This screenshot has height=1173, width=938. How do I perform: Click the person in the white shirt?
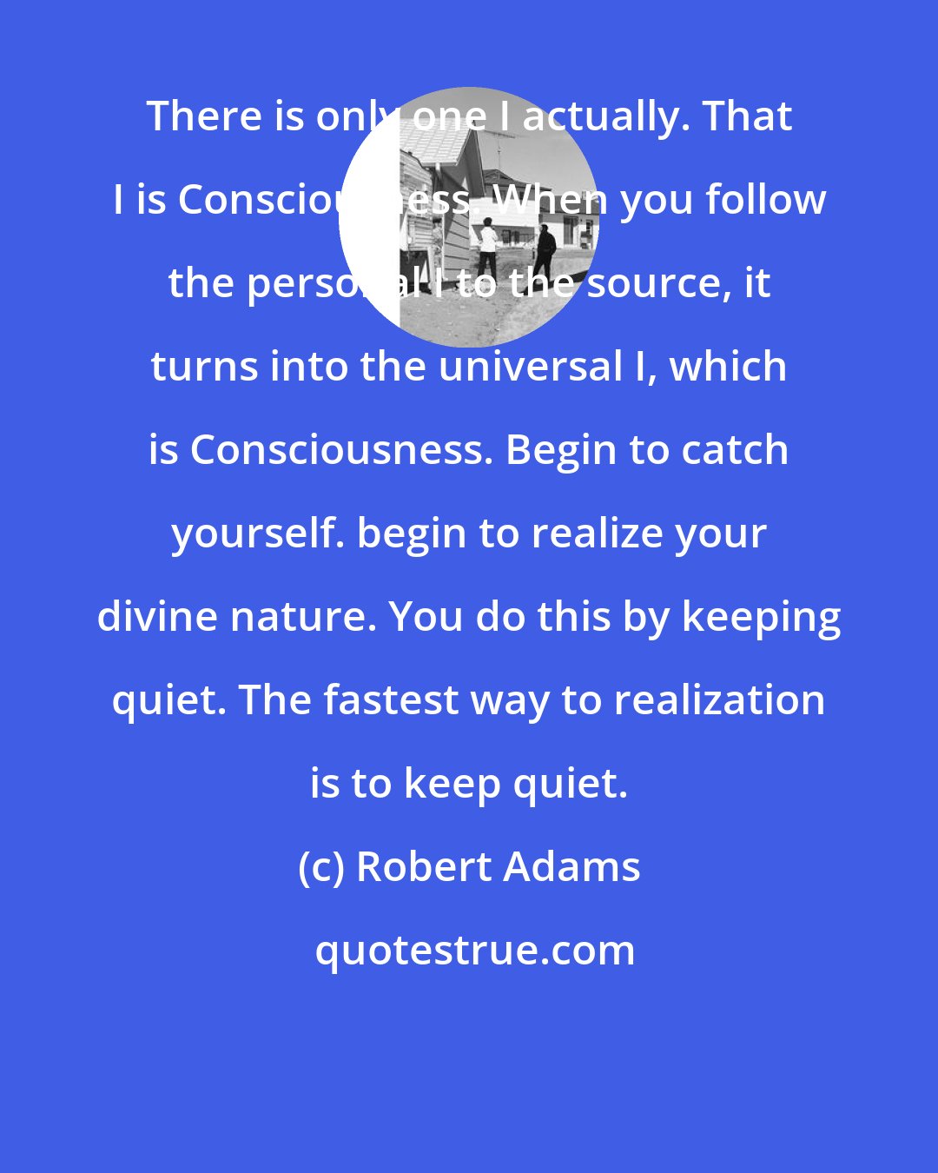487,248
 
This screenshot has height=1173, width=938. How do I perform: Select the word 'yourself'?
258,533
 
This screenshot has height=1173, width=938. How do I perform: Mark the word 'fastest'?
390,700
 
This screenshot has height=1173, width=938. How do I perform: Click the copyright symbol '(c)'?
320,867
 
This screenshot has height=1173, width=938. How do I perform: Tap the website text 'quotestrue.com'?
474,951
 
